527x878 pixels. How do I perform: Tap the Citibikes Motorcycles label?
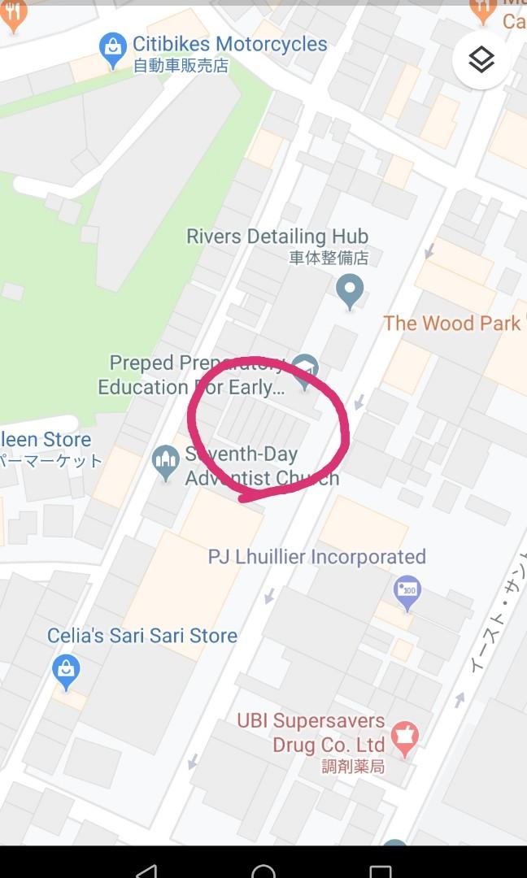pos(229,44)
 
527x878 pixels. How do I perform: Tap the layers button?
pos(481,60)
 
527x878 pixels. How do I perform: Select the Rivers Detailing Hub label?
pos(277,237)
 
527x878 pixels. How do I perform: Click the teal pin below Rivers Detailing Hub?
pos(350,290)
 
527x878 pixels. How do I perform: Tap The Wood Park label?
pos(451,323)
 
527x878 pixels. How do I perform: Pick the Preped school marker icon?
pos(305,368)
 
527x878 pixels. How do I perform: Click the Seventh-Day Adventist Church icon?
pos(166,461)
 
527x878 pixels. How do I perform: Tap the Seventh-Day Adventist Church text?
pos(260,466)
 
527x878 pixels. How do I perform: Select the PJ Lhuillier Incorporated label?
pos(317,557)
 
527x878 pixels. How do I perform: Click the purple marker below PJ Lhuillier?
pos(407,591)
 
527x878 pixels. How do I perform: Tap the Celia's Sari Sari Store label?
pos(142,636)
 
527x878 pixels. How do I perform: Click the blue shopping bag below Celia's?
pos(66,670)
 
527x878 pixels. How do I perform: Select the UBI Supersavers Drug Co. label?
pos(311,732)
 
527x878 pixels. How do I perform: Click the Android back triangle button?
pos(146,868)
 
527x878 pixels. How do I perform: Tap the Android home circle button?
pos(263,868)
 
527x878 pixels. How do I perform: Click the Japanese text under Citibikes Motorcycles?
pos(181,66)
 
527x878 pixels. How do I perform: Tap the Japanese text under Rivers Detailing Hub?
pos(329,259)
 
